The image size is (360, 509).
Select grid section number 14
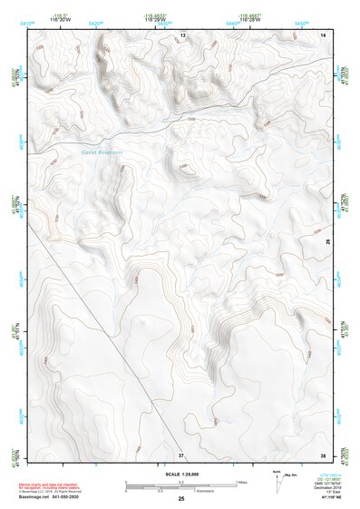(x=323, y=34)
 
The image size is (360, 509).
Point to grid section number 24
(x=327, y=242)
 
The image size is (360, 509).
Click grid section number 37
(x=181, y=454)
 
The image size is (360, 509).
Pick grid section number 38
(x=323, y=454)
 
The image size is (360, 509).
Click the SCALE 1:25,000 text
(x=180, y=474)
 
